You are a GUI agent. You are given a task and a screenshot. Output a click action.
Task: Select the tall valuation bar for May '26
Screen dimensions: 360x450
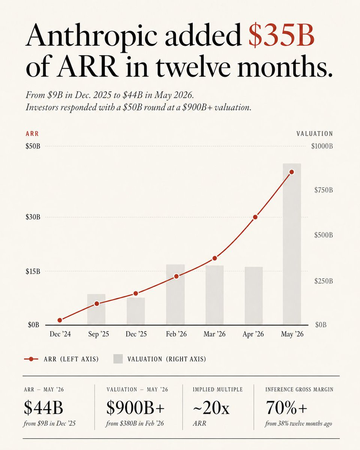[x=292, y=244]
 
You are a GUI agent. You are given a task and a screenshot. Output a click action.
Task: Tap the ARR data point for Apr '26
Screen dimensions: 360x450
[x=255, y=217]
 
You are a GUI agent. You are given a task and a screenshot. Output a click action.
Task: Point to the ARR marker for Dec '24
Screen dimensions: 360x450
[x=60, y=320]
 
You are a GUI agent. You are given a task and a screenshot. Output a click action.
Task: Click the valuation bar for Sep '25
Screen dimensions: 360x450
[x=96, y=309]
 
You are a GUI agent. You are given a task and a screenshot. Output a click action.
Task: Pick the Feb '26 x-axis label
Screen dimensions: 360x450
[x=176, y=334]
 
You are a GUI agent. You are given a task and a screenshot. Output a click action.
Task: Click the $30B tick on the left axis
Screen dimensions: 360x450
[x=33, y=217]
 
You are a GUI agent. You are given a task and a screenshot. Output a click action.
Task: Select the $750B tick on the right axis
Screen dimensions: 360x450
[x=323, y=190]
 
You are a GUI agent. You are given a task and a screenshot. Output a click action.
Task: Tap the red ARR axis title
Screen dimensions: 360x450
[x=32, y=134]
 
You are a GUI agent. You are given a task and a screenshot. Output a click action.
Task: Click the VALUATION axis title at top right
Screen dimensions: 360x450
[x=315, y=134]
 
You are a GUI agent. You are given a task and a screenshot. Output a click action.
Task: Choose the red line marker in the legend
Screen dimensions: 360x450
[x=31, y=359]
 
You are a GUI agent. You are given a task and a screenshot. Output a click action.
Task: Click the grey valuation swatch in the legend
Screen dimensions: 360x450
[x=118, y=359]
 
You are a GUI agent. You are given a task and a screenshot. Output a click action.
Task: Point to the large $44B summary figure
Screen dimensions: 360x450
[x=43, y=407]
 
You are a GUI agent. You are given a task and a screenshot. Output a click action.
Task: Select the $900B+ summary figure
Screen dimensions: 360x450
[x=135, y=407]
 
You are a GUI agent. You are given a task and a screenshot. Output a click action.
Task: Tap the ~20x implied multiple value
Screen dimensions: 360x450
[x=211, y=408]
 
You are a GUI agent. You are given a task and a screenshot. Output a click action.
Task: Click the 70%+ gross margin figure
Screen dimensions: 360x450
[x=286, y=408]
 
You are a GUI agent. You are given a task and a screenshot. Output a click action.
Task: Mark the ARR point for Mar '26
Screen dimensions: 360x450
[x=214, y=258]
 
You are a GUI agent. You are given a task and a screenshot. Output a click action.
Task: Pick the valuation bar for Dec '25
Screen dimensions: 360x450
[x=136, y=311]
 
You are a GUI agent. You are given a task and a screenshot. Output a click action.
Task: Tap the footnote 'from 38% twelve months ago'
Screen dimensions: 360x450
[x=298, y=424]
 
